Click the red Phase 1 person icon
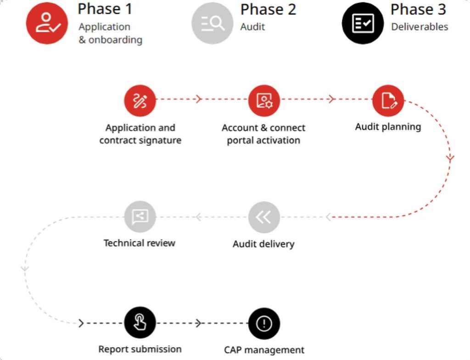point(47,23)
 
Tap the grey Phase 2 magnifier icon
point(213,23)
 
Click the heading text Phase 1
point(105,9)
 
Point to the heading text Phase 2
point(268,9)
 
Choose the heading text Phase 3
point(418,9)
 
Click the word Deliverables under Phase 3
point(420,27)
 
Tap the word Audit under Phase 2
point(253,27)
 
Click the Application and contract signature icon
point(140,100)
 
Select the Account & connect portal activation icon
point(264,100)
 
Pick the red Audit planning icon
point(388,100)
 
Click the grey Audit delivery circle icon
point(264,217)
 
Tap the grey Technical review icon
point(140,217)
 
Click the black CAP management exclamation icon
point(264,324)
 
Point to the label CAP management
point(264,350)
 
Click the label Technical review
point(140,243)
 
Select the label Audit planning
point(388,127)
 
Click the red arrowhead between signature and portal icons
point(198,99)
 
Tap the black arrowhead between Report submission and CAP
point(198,323)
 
